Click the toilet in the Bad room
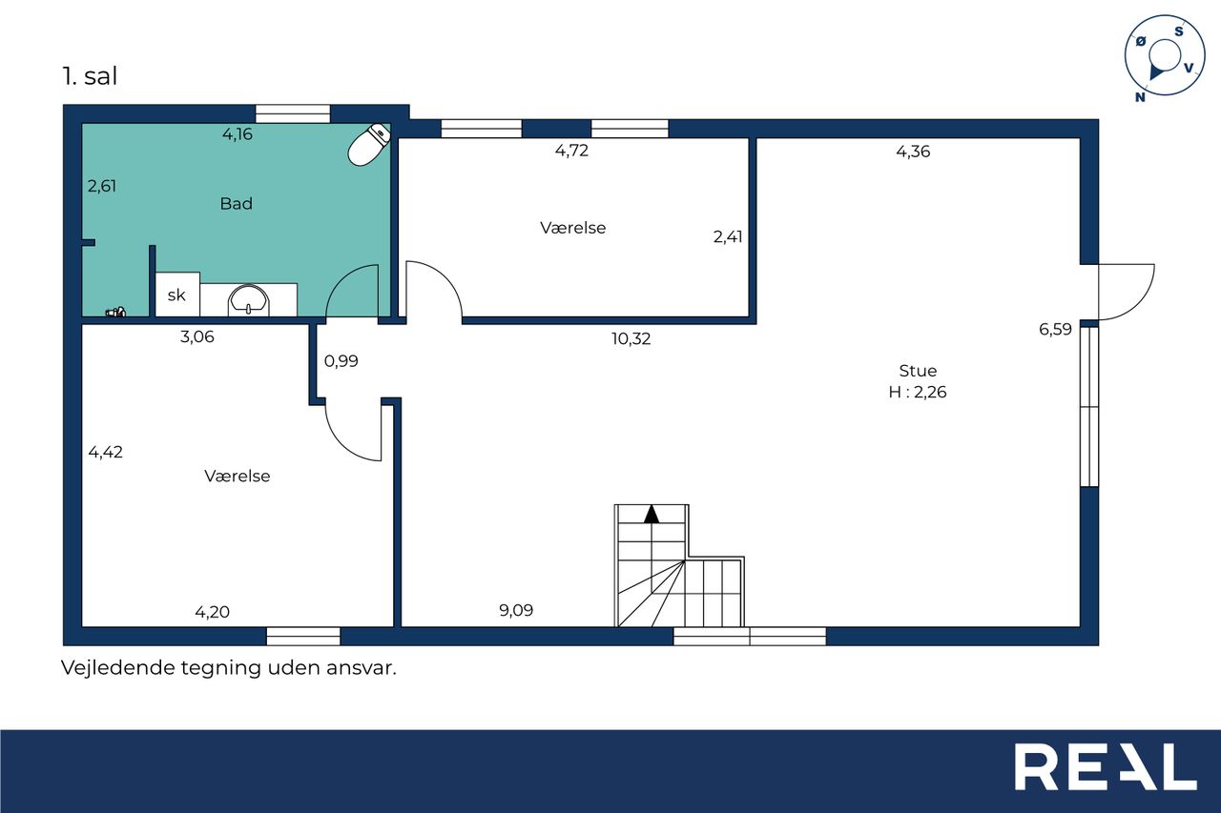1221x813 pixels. click(369, 145)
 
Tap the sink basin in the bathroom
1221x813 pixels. click(249, 300)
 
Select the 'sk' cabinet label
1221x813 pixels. click(176, 295)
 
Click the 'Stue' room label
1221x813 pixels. click(918, 371)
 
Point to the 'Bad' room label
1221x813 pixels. click(236, 204)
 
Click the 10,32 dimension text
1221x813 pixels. click(631, 338)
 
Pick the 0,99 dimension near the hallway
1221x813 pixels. click(341, 361)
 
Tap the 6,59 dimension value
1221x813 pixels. click(1055, 329)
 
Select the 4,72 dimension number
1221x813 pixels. click(571, 151)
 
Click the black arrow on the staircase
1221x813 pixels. click(652, 514)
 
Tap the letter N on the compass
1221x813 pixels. click(1140, 97)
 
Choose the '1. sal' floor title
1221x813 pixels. click(90, 76)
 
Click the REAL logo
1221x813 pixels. click(1106, 766)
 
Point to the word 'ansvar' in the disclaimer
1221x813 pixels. click(361, 668)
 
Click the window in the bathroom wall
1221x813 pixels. click(293, 113)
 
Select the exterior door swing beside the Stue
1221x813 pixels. click(1127, 292)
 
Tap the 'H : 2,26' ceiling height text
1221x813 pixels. click(918, 392)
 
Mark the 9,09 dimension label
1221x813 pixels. click(516, 610)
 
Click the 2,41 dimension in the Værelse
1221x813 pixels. click(728, 237)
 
